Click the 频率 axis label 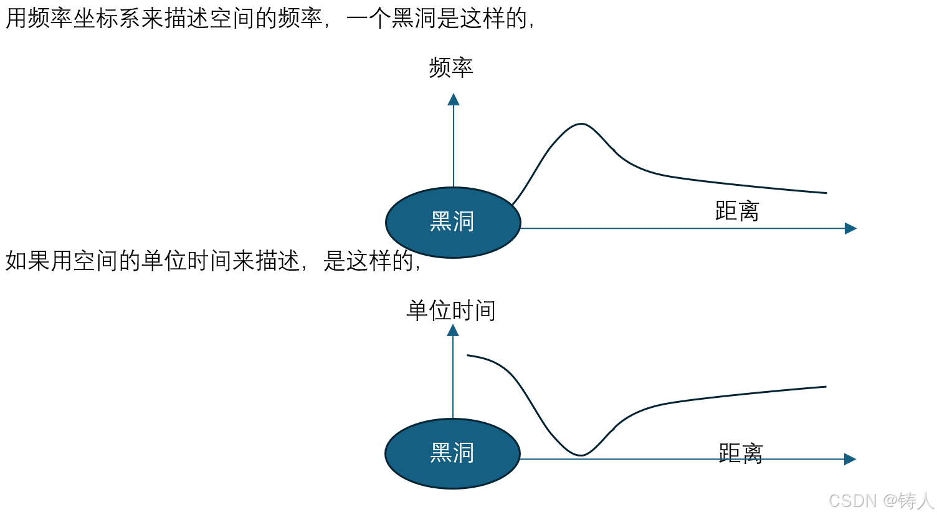451,67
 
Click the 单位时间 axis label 451,311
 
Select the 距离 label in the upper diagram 737,211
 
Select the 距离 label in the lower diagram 741,453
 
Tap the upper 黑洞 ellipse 453,222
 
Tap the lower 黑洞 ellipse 452,453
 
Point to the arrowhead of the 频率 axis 454,100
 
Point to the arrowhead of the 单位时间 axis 453,331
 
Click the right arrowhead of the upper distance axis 850,228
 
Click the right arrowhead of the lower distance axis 850,459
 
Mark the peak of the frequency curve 581,124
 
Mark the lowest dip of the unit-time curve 581,455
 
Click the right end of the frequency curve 825,193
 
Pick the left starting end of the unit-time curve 468,355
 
